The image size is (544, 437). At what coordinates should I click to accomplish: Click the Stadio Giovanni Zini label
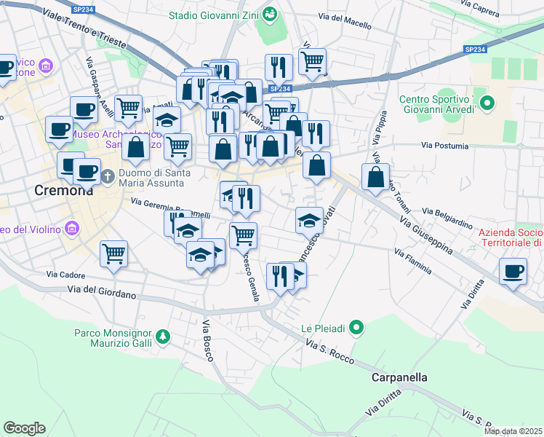[214, 15]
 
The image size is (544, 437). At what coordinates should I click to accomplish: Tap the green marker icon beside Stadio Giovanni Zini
[270, 15]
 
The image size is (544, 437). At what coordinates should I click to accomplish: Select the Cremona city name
[64, 191]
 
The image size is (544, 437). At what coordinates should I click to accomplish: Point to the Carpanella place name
[399, 377]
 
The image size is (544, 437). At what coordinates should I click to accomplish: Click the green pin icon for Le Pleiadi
[356, 328]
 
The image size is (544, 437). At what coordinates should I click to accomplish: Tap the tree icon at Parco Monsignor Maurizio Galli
[164, 336]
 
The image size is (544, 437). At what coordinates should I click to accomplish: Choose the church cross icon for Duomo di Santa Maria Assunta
[108, 176]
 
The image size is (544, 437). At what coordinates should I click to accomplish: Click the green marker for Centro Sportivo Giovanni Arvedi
[487, 104]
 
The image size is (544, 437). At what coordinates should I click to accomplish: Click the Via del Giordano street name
[103, 294]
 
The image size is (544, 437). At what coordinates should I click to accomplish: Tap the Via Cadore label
[66, 275]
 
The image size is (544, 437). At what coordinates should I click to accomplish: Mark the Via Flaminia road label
[413, 262]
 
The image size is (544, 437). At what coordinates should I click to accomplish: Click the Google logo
[24, 428]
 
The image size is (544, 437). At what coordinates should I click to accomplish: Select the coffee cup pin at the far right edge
[513, 271]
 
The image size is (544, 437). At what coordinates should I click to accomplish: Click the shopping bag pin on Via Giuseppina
[375, 177]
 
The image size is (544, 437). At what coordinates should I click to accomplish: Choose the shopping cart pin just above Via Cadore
[113, 254]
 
